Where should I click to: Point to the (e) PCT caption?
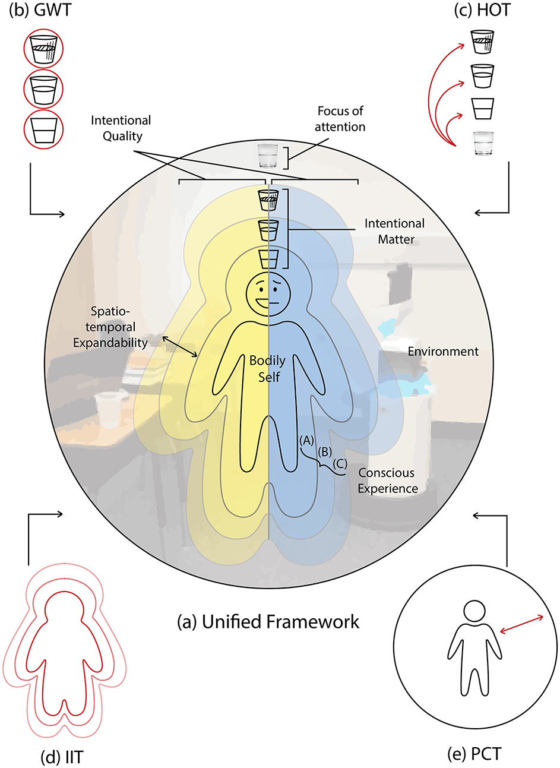474,754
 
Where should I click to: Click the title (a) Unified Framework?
268,621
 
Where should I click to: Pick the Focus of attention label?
340,119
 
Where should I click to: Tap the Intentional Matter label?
395,231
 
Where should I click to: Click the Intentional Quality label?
121,128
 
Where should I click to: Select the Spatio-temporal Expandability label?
110,327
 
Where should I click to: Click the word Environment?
443,352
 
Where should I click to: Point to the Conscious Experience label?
387,481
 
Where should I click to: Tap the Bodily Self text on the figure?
268,368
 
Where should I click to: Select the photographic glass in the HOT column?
481,144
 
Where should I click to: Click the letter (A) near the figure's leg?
306,440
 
